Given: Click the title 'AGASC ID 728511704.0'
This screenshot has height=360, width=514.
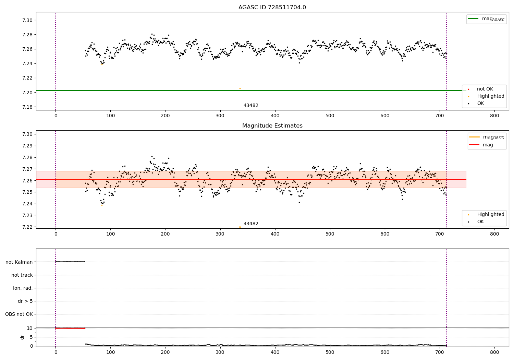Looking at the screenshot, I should click(x=272, y=8).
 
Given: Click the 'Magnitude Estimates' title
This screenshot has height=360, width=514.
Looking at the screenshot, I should click(x=272, y=126).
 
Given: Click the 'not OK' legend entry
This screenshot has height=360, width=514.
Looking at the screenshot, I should click(x=485, y=89).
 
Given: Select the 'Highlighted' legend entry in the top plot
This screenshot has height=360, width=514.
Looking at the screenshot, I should click(x=490, y=96).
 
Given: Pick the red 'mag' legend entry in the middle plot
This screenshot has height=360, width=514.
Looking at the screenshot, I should click(x=488, y=145).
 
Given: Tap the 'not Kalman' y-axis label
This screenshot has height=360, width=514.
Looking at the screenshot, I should click(x=19, y=262).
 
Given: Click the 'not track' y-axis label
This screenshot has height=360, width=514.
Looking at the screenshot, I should click(x=22, y=275).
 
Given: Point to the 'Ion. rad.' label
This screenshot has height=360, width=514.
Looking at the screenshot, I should click(x=23, y=288).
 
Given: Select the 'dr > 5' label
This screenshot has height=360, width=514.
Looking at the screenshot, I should click(x=25, y=301).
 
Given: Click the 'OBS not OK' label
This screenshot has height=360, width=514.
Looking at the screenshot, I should click(x=19, y=314).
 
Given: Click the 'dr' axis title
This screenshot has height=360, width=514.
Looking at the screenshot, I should click(x=22, y=337).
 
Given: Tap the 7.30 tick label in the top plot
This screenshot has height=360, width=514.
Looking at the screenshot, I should click(x=27, y=20).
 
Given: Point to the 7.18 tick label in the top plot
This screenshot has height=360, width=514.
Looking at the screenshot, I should click(x=27, y=107).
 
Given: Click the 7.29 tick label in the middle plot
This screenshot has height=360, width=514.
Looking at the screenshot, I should click(x=27, y=146).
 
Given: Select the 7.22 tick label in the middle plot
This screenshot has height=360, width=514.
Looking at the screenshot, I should click(x=27, y=227).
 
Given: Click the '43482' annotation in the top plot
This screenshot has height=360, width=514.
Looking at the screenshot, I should click(x=251, y=106).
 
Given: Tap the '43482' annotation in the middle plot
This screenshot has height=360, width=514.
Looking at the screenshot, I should click(x=251, y=224).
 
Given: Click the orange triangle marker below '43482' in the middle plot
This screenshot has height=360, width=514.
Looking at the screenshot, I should click(x=240, y=227).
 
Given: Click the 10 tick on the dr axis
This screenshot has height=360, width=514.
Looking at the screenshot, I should click(x=29, y=328).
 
